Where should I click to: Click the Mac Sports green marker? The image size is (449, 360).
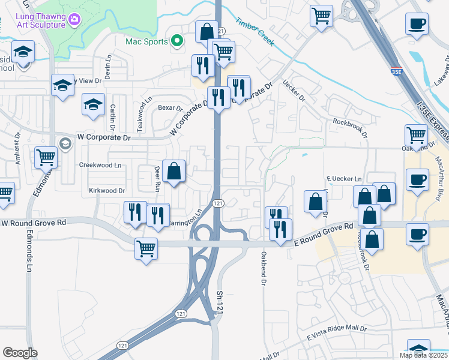point(176,41)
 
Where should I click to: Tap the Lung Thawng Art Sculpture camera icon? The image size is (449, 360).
point(74,20)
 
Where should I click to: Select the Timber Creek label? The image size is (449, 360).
point(255,32)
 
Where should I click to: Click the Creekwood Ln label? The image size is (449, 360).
point(100,164)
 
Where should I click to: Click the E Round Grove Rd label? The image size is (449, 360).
point(324,235)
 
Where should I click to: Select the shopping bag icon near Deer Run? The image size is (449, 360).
point(173,171)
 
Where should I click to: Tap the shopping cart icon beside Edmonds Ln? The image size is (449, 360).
point(46,158)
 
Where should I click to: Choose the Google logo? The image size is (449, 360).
point(20,353)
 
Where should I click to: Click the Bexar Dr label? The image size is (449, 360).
point(170,108)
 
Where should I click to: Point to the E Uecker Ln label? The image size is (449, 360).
point(344,179)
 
